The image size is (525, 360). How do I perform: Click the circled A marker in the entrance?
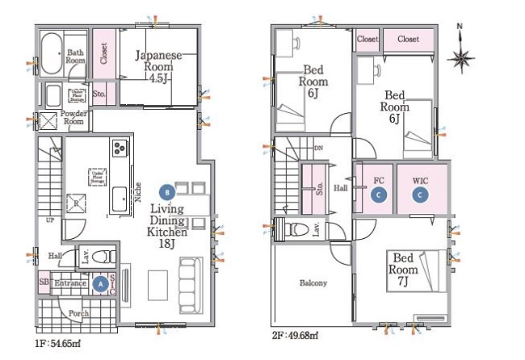(x=100, y=283)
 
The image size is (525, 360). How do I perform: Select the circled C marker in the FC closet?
(x=376, y=195)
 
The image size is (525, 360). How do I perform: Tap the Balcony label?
(x=313, y=283)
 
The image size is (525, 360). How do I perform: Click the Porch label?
(x=79, y=314)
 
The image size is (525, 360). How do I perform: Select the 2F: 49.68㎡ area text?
(x=296, y=334)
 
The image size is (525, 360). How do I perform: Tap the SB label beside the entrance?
(x=44, y=283)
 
